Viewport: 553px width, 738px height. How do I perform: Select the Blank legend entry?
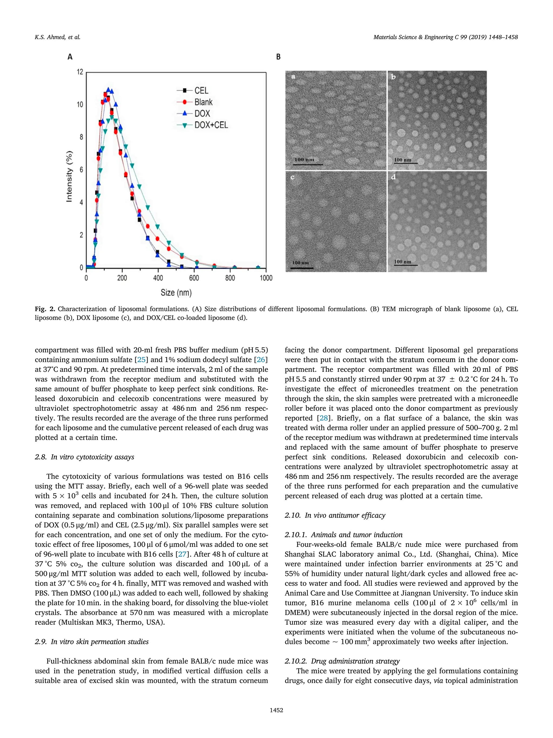[203, 102]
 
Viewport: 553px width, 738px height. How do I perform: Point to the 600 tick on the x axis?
[194, 278]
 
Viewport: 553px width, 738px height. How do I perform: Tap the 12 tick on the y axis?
[80, 72]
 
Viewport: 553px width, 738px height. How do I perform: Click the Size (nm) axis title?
[176, 293]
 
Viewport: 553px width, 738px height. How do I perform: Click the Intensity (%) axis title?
[69, 176]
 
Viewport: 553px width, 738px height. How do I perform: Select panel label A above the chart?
[70, 57]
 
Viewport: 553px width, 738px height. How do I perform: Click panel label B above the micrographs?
[278, 57]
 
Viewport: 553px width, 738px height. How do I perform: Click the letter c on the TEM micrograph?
[293, 177]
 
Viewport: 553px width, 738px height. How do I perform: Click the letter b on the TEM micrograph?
[393, 77]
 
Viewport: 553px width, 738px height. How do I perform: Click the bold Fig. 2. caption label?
[45, 309]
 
